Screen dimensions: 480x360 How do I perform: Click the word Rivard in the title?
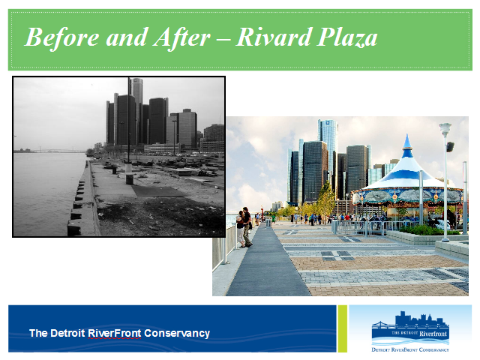click(273, 37)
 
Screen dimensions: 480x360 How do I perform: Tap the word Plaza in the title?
click(346, 37)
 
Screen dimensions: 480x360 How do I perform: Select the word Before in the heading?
click(62, 37)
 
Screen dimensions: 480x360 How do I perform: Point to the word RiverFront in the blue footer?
click(115, 333)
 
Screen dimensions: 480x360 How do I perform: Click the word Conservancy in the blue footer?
click(177, 333)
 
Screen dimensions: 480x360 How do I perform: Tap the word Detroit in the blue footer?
click(67, 333)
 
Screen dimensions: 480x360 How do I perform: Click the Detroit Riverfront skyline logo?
click(410, 329)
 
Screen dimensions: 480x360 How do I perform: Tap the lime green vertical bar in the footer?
click(342, 328)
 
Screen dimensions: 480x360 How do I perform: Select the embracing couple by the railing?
click(244, 227)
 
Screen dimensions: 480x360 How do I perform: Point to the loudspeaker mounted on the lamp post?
click(450, 147)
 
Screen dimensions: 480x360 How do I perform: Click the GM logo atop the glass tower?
click(328, 122)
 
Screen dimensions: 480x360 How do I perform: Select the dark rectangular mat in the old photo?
click(157, 191)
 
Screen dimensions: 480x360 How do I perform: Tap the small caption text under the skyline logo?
click(410, 349)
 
